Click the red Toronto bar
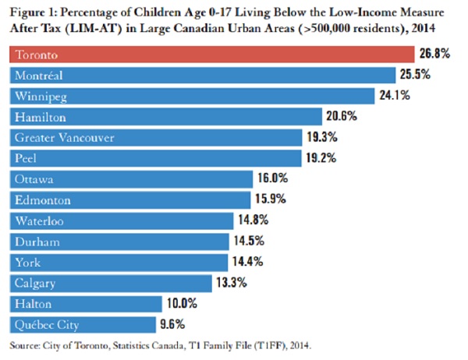[211, 55]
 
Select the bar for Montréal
[203, 76]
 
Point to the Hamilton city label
[39, 117]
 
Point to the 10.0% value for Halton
[180, 303]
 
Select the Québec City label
[46, 323]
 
